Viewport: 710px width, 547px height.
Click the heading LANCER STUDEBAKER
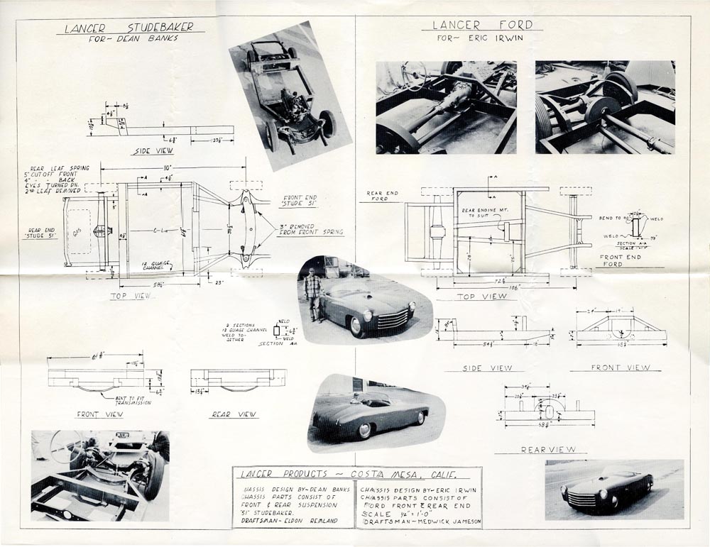coord(129,28)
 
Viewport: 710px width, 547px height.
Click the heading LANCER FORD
coord(482,25)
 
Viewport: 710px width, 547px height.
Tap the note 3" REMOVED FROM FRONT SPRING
coord(311,228)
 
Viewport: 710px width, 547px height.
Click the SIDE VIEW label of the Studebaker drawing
coord(153,151)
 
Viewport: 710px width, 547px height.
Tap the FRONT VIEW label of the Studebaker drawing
coord(99,414)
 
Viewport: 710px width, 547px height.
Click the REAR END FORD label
coord(383,195)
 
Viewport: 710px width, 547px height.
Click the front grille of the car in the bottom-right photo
coord(583,499)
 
